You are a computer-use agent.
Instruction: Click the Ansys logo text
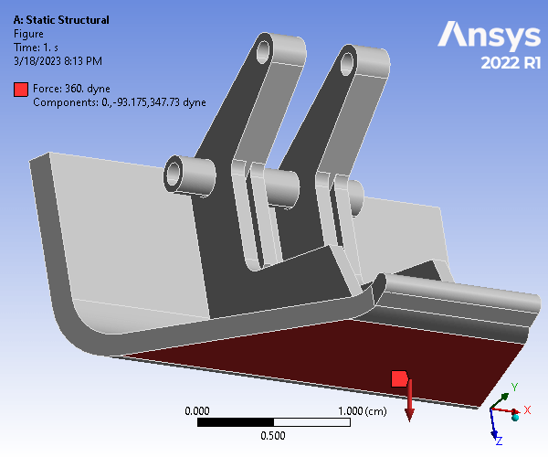tap(490, 34)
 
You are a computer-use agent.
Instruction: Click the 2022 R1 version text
tap(511, 63)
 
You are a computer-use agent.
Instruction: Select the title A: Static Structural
tap(61, 20)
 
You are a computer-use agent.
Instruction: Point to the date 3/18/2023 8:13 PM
tap(58, 61)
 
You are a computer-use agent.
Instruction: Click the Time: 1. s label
tap(36, 48)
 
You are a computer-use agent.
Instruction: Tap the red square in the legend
tap(21, 90)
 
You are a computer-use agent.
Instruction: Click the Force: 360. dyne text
tap(71, 89)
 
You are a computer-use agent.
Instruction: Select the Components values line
tap(119, 102)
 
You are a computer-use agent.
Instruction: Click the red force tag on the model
tap(399, 378)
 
